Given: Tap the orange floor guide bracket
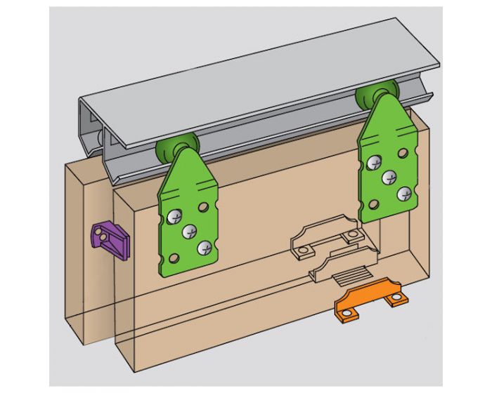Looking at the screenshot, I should click(371, 295).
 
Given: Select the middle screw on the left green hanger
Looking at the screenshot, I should click(189, 232).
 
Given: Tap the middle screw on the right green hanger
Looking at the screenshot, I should click(387, 178).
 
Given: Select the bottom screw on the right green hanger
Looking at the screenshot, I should click(403, 193).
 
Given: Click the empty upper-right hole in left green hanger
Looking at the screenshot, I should click(203, 208).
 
